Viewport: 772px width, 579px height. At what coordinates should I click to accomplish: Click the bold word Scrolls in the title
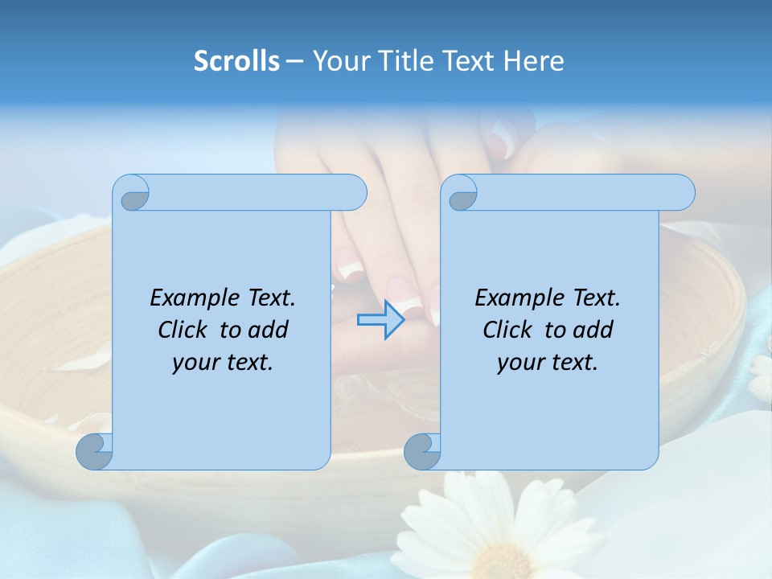click(x=236, y=61)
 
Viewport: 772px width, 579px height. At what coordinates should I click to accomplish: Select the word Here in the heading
click(x=534, y=61)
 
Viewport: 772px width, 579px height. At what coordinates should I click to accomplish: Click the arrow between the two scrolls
click(x=380, y=319)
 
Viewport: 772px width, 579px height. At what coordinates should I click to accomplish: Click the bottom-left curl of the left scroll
click(x=93, y=451)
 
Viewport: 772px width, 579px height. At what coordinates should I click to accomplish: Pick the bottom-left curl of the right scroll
click(x=421, y=451)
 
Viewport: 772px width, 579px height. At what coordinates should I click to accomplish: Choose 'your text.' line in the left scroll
click(x=223, y=363)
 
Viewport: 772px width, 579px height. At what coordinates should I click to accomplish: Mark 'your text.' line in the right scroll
click(x=548, y=363)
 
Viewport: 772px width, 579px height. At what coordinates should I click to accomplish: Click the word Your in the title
click(x=339, y=61)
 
